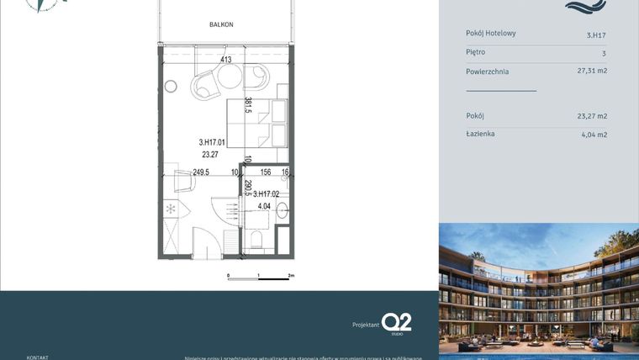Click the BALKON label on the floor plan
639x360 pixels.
tap(221, 25)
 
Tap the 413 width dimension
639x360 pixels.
tap(226, 60)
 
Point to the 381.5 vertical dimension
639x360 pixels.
tap(248, 106)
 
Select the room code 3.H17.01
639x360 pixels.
tap(212, 142)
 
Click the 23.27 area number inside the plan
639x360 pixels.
tap(210, 155)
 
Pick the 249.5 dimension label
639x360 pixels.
tap(201, 172)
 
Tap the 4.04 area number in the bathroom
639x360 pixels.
tap(264, 206)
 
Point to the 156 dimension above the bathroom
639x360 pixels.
tap(266, 172)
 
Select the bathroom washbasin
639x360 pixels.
tap(282, 210)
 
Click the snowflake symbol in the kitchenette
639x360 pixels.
tap(170, 208)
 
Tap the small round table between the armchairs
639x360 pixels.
tap(230, 78)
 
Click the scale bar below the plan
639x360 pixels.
tap(260, 275)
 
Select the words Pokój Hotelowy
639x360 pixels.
tap(491, 34)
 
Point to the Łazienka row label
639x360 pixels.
tap(480, 134)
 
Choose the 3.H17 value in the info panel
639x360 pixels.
tap(596, 35)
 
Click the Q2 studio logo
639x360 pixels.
tap(396, 323)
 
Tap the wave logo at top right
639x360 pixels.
tap(585, 7)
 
